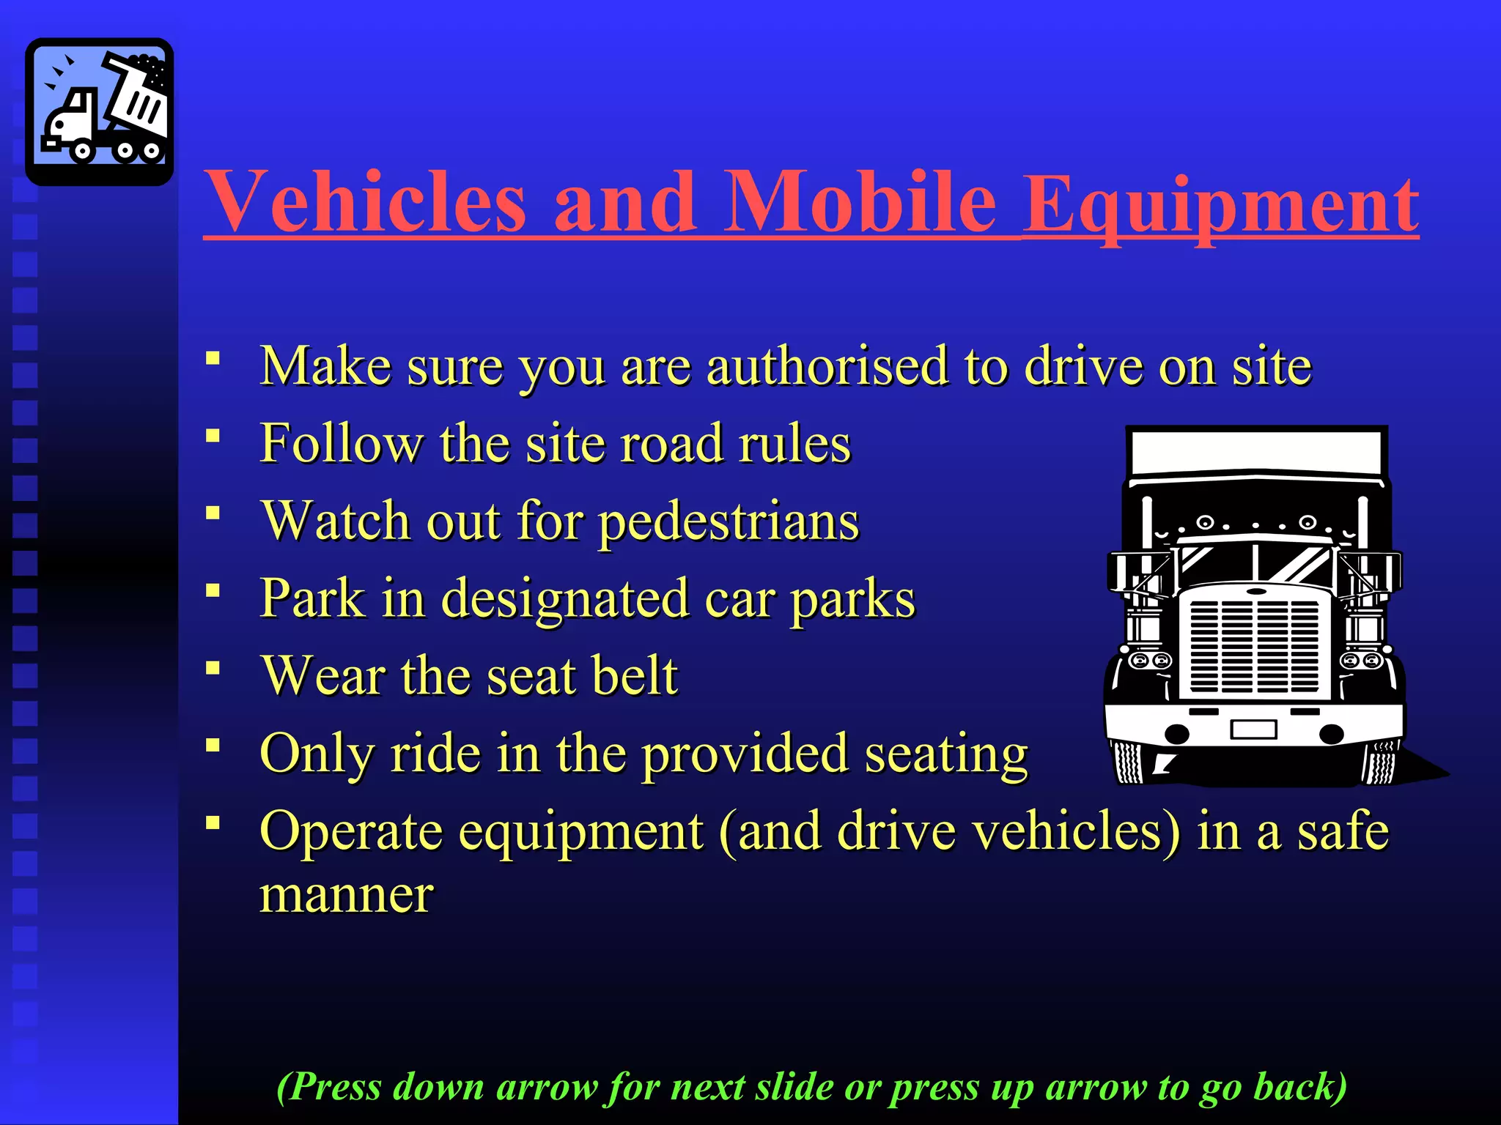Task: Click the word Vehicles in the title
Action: point(364,201)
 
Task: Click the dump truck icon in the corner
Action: point(100,111)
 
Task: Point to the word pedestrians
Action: point(729,521)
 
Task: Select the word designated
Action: point(564,599)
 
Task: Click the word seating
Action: point(946,754)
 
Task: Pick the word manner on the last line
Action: point(347,895)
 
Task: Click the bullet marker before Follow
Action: point(213,437)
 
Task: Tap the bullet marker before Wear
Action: point(213,668)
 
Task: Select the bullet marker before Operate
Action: point(213,823)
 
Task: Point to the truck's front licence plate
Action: point(1254,729)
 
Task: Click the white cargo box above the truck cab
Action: point(1256,452)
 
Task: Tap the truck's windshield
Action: point(1255,564)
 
